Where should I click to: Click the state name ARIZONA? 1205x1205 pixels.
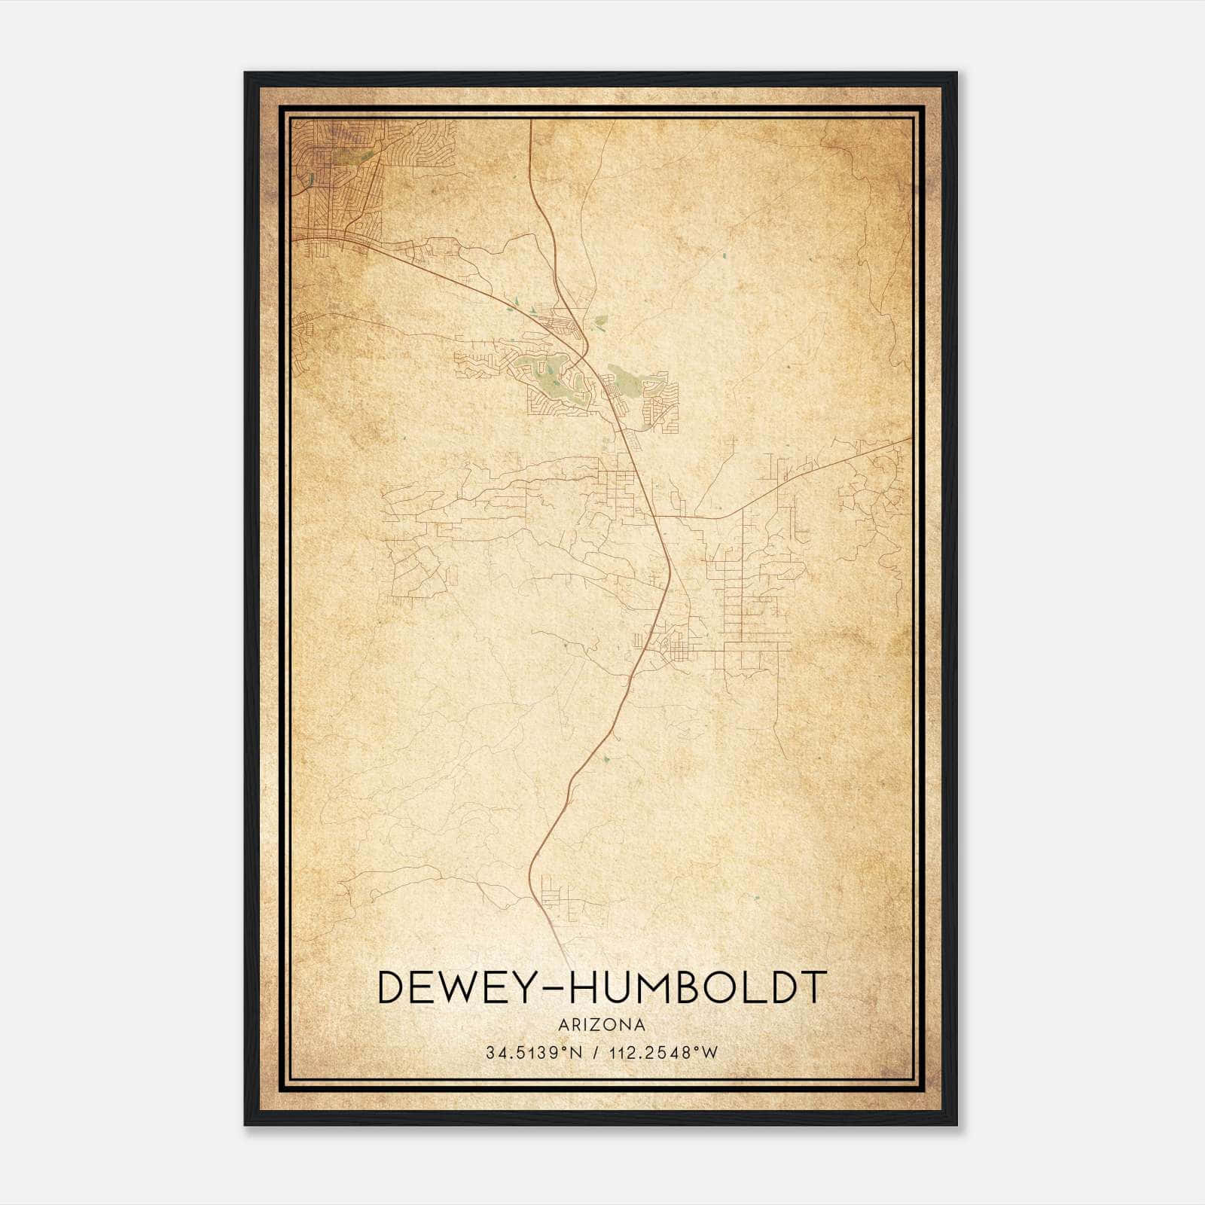(x=602, y=1025)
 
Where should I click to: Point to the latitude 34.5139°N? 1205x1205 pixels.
(x=534, y=1053)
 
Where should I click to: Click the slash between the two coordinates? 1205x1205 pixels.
(x=596, y=1053)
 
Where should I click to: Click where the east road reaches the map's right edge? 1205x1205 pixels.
(x=910, y=438)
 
